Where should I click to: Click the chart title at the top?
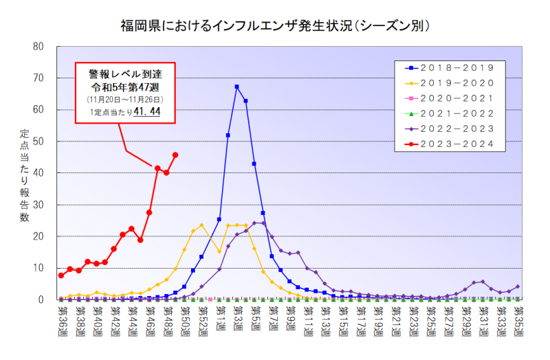tap(275, 26)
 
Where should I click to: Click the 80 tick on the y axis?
tap(38, 47)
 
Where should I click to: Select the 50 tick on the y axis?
tap(38, 142)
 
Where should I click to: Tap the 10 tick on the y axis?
tap(40, 268)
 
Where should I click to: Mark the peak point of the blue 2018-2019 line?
tap(236, 87)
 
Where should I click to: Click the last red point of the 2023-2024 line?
tap(175, 155)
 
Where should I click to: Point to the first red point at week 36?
tap(61, 275)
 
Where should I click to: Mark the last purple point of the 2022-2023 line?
tap(518, 286)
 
